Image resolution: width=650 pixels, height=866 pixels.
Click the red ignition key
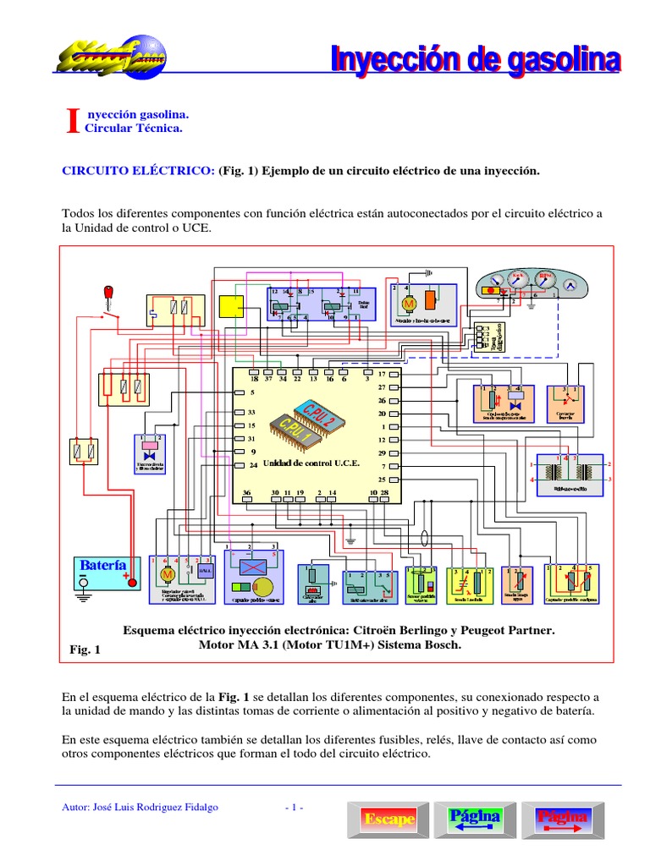point(108,293)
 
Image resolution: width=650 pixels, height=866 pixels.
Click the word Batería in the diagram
point(103,564)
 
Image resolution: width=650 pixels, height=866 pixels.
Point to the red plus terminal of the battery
point(131,582)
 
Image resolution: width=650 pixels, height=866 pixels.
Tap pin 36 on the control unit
point(247,497)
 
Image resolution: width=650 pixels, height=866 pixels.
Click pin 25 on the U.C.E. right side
point(390,479)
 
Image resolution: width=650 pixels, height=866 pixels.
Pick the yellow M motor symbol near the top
point(407,303)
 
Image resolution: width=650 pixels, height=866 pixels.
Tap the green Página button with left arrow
point(475,819)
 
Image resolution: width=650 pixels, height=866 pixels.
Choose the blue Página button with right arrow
point(562,819)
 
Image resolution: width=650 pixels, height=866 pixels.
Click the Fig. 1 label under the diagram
point(85,649)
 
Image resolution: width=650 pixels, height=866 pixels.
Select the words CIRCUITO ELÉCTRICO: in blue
point(139,171)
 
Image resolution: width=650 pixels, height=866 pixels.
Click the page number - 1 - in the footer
point(294,807)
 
